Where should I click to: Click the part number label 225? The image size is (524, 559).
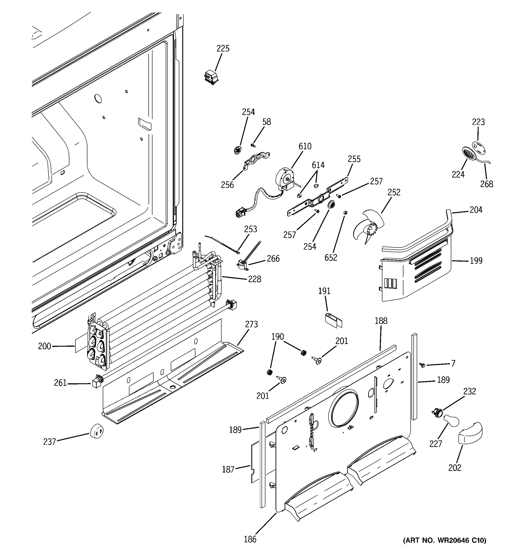(x=223, y=48)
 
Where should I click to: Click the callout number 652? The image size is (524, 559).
(x=331, y=258)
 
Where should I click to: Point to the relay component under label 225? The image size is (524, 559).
(x=211, y=77)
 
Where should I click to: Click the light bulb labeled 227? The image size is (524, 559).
(x=451, y=421)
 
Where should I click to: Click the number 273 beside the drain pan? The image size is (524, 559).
(x=251, y=324)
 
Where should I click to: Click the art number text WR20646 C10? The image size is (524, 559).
(x=444, y=540)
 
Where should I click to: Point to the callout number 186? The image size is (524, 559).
(x=250, y=539)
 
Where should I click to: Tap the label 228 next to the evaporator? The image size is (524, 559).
(x=254, y=279)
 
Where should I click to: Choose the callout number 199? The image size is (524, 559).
(x=476, y=261)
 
